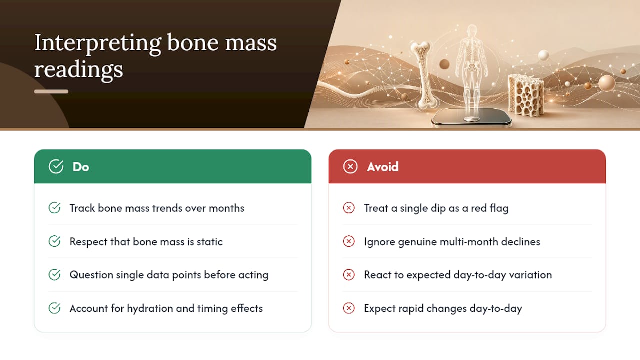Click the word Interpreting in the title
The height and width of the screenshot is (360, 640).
[x=98, y=44]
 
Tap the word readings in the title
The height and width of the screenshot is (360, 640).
[x=79, y=69]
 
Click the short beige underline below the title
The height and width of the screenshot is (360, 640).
[x=51, y=91]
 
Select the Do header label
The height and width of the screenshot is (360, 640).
[x=81, y=167]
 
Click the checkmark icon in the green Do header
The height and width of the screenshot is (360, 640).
[x=56, y=166]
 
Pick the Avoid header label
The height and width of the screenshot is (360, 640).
[x=383, y=167]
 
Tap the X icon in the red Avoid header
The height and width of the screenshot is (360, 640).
[x=350, y=166]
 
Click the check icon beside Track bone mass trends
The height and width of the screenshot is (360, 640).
[x=54, y=208]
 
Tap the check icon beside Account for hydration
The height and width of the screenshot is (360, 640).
[x=54, y=308]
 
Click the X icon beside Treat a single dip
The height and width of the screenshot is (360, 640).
[x=349, y=208]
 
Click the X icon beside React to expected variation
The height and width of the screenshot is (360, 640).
[x=349, y=275]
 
